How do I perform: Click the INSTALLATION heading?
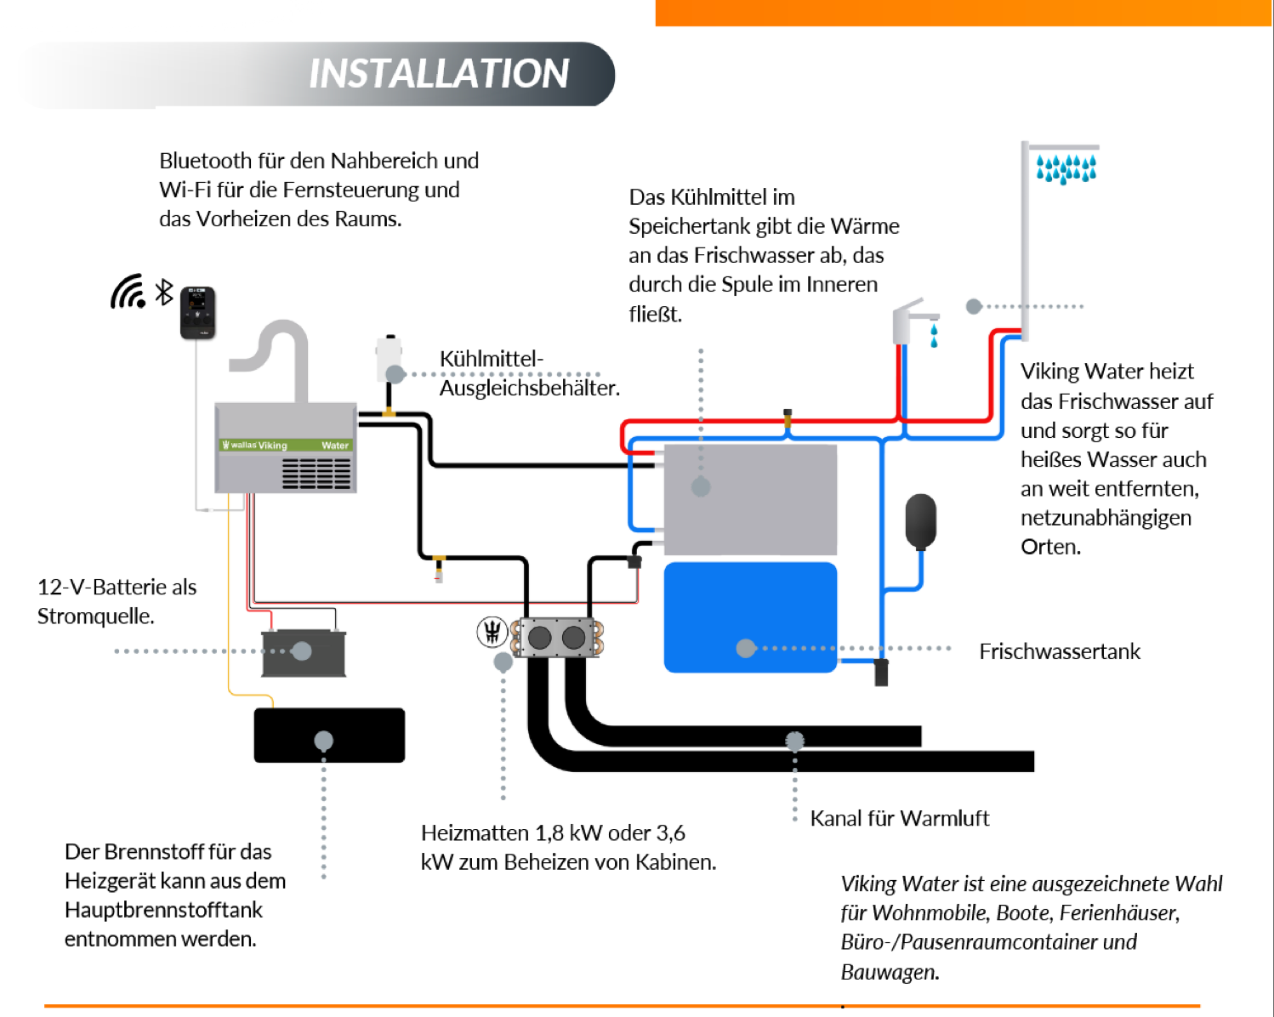439,74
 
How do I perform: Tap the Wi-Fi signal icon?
128,292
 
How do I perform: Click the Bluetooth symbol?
164,293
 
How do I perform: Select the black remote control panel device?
197,313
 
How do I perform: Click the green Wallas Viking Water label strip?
286,445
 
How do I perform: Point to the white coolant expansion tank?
389,358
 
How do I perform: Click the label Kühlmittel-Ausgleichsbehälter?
528,373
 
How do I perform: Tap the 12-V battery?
304,653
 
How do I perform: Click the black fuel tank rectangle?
329,735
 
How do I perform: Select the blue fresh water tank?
750,617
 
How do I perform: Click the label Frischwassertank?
1059,651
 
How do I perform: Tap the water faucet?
909,321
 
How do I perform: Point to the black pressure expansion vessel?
920,520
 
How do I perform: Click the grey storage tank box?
750,499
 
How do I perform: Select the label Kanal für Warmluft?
899,818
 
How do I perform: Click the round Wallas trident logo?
492,632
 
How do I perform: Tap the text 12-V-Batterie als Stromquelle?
117,601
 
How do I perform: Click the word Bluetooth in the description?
205,161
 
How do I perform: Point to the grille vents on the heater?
316,474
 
